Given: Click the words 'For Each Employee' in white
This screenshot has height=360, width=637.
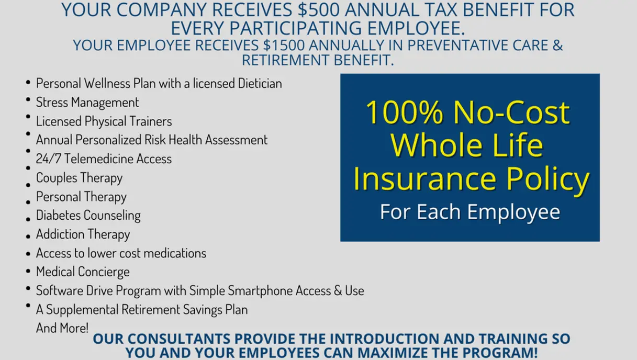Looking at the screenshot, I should coord(470,212).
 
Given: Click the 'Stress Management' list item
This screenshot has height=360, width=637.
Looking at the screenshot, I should coord(87,102).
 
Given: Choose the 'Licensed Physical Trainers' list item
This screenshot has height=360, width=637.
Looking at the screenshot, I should coord(104,121).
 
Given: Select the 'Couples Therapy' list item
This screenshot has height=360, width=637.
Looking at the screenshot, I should coord(79,177).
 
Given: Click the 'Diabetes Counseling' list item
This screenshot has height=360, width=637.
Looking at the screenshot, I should coord(88,215).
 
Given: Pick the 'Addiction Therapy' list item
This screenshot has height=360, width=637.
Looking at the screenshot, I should coord(83,234).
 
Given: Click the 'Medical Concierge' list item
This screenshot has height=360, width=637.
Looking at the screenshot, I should coord(83,272).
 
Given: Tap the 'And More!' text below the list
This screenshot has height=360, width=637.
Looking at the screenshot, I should coord(62,328).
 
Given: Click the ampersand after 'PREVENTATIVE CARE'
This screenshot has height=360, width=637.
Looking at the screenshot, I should coord(557,45).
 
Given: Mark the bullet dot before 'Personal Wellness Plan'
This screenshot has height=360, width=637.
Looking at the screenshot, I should coord(27,83).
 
